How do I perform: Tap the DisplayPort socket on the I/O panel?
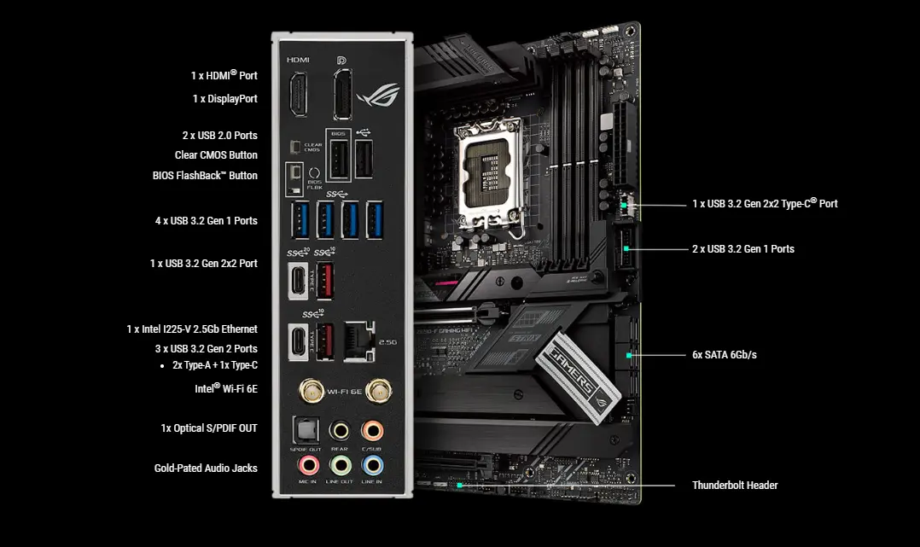[x=342, y=95]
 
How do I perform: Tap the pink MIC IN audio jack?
[x=307, y=465]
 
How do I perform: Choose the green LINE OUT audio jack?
[x=341, y=465]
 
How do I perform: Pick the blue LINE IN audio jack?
[x=372, y=465]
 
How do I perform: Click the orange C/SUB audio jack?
[x=372, y=429]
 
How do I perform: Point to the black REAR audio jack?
[x=341, y=429]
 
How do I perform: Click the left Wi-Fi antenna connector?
[x=308, y=391]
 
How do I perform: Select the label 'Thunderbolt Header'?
[x=735, y=486]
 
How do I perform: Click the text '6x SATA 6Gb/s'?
[x=724, y=354]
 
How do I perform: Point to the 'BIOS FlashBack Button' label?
[x=205, y=176]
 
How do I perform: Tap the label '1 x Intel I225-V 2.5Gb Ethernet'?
[x=192, y=329]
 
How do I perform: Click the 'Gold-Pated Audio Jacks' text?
[x=206, y=468]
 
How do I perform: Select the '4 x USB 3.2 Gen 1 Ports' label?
[x=206, y=221]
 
